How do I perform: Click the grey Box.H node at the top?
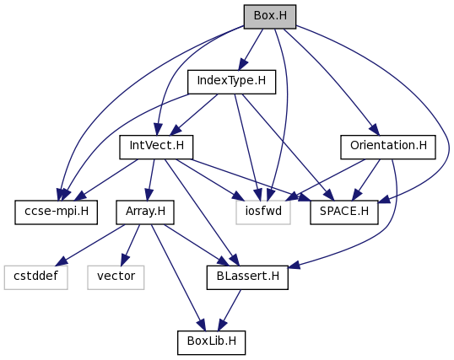(270, 17)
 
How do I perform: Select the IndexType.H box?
(231, 82)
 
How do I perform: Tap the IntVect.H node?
(156, 147)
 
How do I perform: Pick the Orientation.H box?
(388, 147)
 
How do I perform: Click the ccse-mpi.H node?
(57, 212)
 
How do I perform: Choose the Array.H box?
(145, 212)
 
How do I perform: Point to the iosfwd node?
(263, 212)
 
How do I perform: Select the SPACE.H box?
(344, 212)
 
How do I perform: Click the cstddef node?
(36, 277)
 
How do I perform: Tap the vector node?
(116, 277)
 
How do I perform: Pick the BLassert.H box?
(247, 277)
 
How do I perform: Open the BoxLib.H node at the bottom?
(212, 342)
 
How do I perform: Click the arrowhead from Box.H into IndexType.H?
(243, 64)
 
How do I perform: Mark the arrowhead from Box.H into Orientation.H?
(374, 129)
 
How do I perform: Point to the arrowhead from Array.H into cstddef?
(62, 261)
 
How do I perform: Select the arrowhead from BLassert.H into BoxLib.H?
(222, 325)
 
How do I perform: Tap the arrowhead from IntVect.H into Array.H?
(149, 195)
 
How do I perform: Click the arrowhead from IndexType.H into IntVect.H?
(176, 130)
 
